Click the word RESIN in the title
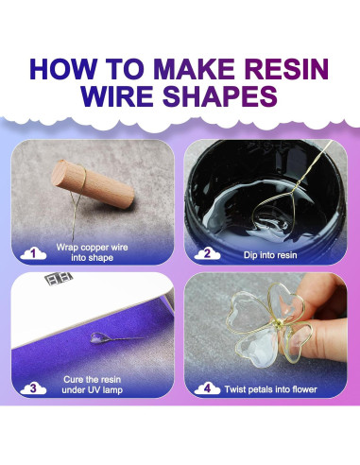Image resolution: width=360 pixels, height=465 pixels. coord(286,68)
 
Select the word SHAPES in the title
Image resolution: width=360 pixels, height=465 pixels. coord(220,95)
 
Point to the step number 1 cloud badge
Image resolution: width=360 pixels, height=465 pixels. coord(33,253)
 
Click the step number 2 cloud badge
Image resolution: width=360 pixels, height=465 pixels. coord(207,253)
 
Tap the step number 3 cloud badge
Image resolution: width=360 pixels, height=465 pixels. coord(33,387)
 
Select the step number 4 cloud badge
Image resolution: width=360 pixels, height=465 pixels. coord(207,388)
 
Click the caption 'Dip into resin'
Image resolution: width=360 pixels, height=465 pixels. coord(270,255)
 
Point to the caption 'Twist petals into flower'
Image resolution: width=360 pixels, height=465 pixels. coord(270,389)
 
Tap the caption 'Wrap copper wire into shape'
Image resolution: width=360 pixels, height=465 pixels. coord(92,252)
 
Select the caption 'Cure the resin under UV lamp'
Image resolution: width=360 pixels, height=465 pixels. coord(92,385)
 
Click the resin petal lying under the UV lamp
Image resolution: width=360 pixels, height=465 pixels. coord(97,337)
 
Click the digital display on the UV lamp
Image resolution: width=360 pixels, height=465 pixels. coord(59,278)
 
